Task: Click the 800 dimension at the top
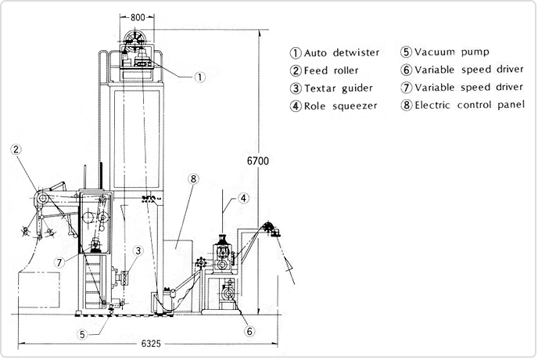pos(138,16)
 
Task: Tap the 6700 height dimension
pos(257,162)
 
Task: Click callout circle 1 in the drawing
pos(201,77)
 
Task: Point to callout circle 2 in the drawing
pos(16,148)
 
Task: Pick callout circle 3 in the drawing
pos(137,251)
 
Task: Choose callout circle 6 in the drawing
pos(249,331)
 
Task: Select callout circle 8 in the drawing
pos(193,179)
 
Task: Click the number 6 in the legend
pos(406,70)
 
